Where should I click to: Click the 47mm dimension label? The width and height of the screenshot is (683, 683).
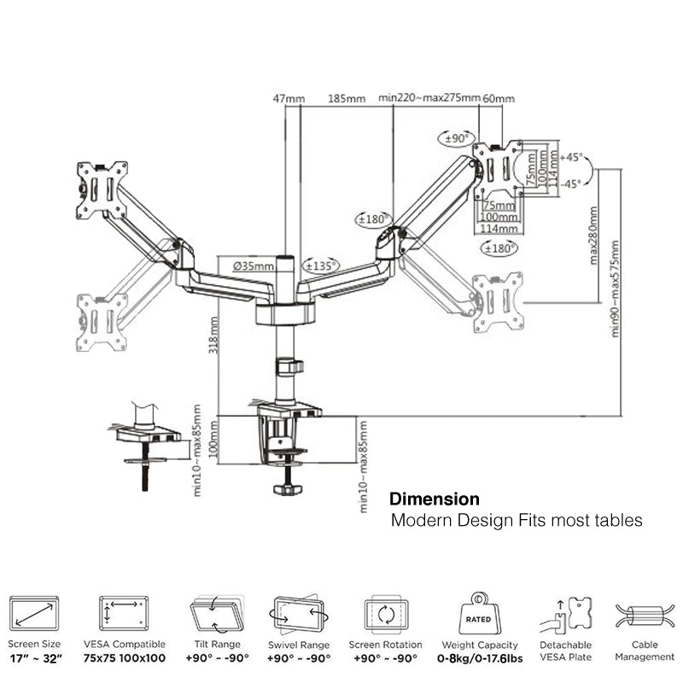coord(288,99)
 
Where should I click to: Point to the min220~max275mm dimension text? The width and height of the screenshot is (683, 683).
coord(430,99)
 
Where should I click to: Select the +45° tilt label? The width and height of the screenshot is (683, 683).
coord(572,157)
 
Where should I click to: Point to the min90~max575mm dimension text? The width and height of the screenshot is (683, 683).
coord(616,289)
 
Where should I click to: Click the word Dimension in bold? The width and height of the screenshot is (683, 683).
coord(434,499)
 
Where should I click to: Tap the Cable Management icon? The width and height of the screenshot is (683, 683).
coord(645,615)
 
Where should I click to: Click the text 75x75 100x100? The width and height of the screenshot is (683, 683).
coord(125,658)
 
